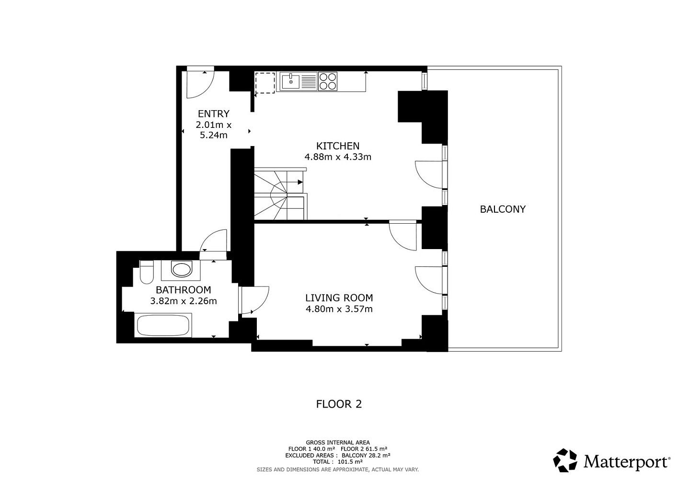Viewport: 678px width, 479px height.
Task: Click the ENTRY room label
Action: pos(213,114)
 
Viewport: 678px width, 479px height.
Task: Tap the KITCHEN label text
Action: pos(338,146)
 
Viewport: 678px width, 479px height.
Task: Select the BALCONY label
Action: pos(503,209)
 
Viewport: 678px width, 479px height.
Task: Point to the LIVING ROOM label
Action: pos(339,298)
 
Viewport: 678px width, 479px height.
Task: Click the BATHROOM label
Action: pos(184,290)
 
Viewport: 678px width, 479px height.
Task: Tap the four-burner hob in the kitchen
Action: pos(327,81)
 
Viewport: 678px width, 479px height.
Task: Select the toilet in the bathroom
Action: pos(147,272)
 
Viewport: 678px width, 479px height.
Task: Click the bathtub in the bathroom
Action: pos(163,325)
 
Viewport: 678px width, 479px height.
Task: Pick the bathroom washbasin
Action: pos(181,269)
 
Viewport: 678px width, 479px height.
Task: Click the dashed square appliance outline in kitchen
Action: pos(265,82)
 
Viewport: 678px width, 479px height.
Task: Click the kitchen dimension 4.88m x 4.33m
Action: pos(338,157)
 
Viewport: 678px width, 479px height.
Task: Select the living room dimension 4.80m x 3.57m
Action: pos(339,309)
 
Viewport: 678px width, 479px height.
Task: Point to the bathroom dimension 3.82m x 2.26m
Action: pos(184,301)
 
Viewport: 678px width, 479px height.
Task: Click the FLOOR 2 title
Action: pos(339,404)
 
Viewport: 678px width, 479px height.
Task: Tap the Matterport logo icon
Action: pos(565,460)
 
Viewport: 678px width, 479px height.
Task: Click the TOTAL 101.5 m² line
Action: pos(338,462)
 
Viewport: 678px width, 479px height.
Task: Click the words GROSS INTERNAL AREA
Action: pos(338,443)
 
